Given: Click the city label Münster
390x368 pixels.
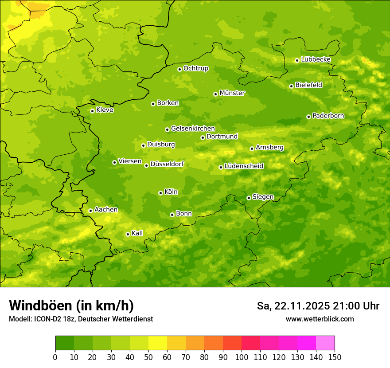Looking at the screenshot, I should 232,93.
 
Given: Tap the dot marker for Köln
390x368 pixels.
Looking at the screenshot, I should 160,193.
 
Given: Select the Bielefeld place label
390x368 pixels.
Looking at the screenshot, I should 308,85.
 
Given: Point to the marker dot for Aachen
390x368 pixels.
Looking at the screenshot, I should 90,211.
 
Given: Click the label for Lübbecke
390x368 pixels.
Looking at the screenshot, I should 316,59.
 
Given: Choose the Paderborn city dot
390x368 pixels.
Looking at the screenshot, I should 308,117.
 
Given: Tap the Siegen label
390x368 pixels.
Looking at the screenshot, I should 263,197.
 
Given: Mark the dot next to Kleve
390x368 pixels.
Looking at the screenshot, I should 92,111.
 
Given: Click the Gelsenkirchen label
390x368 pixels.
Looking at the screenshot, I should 193,129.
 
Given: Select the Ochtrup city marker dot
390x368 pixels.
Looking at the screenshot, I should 179,69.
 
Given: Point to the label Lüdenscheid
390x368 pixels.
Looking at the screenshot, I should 244,166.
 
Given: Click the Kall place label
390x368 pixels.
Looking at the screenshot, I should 137,233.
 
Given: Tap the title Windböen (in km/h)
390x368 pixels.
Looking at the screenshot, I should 71,305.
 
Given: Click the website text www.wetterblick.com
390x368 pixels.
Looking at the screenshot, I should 320,319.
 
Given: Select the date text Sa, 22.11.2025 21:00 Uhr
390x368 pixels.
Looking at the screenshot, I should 318,306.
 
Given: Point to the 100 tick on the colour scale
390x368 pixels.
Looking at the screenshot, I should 242,357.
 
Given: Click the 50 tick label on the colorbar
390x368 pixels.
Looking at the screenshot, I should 148,357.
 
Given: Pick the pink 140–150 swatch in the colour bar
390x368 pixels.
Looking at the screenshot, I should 325,343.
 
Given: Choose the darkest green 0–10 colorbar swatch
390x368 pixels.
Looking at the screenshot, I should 65,343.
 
